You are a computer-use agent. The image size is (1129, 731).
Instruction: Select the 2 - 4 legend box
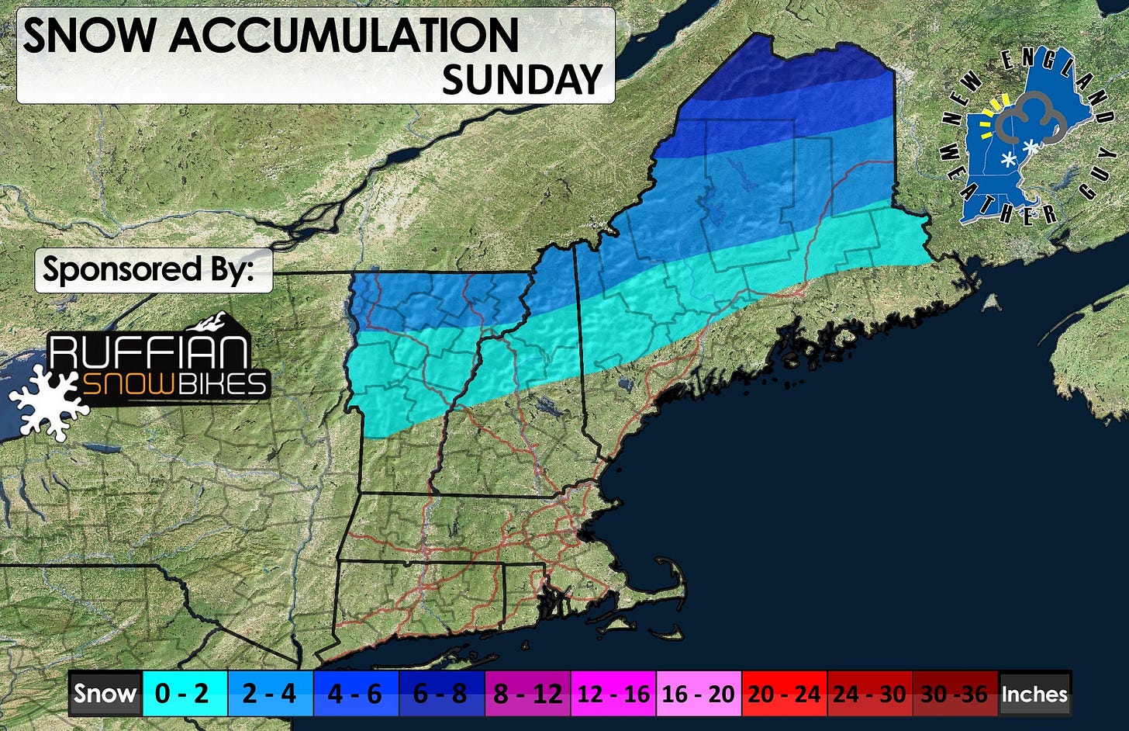pyautogui.click(x=270, y=693)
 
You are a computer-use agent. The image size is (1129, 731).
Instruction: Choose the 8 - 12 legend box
pyautogui.click(x=527, y=693)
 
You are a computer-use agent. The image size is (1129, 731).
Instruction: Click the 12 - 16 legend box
pyautogui.click(x=613, y=693)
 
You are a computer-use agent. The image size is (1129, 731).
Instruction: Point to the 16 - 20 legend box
pyautogui.click(x=699, y=693)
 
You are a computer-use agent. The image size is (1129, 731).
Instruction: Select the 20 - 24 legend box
pyautogui.click(x=784, y=693)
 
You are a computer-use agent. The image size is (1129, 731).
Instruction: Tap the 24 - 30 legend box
pyautogui.click(x=870, y=693)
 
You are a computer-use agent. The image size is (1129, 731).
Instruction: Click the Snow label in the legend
pyautogui.click(x=105, y=693)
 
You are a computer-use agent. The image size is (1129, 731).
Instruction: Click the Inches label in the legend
pyautogui.click(x=1034, y=693)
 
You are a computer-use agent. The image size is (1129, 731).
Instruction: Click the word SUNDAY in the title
pyautogui.click(x=522, y=79)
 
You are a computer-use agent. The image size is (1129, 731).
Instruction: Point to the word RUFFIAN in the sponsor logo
pyautogui.click(x=150, y=352)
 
